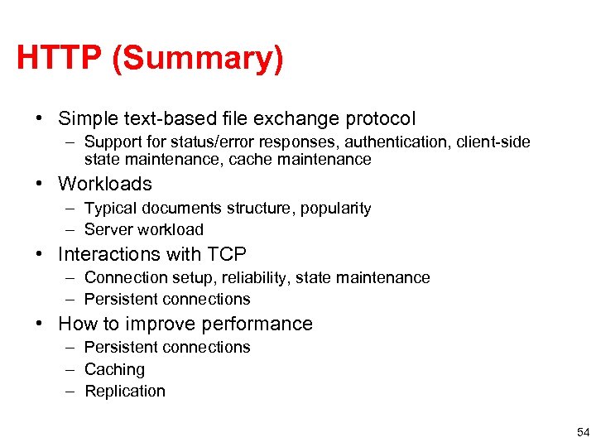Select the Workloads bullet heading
click(x=105, y=184)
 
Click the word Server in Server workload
click(x=109, y=230)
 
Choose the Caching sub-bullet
click(x=114, y=370)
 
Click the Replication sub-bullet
click(x=125, y=392)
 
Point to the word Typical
click(x=111, y=209)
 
